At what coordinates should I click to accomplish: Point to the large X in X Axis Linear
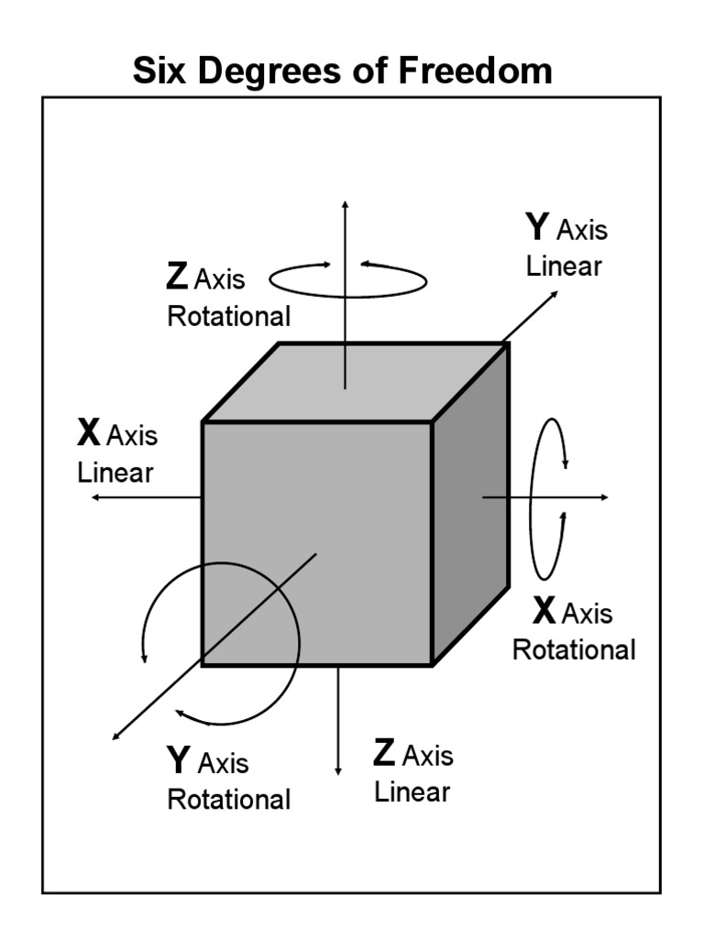click(89, 432)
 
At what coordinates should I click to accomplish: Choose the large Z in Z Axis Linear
click(385, 753)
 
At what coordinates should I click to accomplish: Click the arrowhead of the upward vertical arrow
click(345, 203)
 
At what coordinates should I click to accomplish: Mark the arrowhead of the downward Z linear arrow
click(338, 769)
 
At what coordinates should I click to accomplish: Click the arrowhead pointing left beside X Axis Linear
click(95, 496)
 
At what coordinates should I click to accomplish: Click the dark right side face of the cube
click(469, 513)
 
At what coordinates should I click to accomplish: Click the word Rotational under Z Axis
click(228, 317)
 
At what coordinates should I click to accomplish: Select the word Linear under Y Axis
click(563, 267)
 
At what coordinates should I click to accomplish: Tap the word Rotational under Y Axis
click(228, 799)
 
